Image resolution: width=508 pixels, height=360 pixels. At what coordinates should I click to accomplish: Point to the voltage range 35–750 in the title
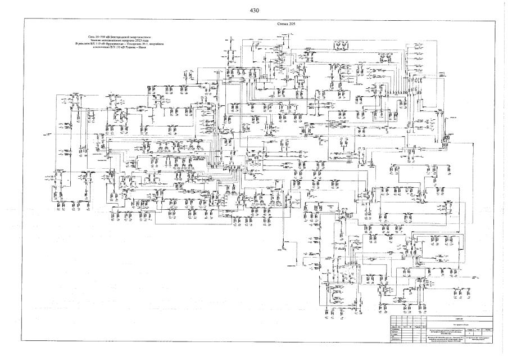[94, 35]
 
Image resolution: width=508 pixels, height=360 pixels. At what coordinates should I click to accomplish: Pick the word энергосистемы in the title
[138, 35]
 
